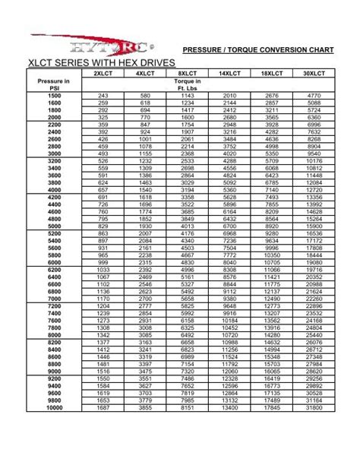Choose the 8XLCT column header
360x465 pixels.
click(188, 74)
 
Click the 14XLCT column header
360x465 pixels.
click(229, 74)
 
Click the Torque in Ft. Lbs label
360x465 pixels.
click(188, 84)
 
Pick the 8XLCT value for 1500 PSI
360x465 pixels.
click(188, 96)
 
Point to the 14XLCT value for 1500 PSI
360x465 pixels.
click(229, 96)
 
